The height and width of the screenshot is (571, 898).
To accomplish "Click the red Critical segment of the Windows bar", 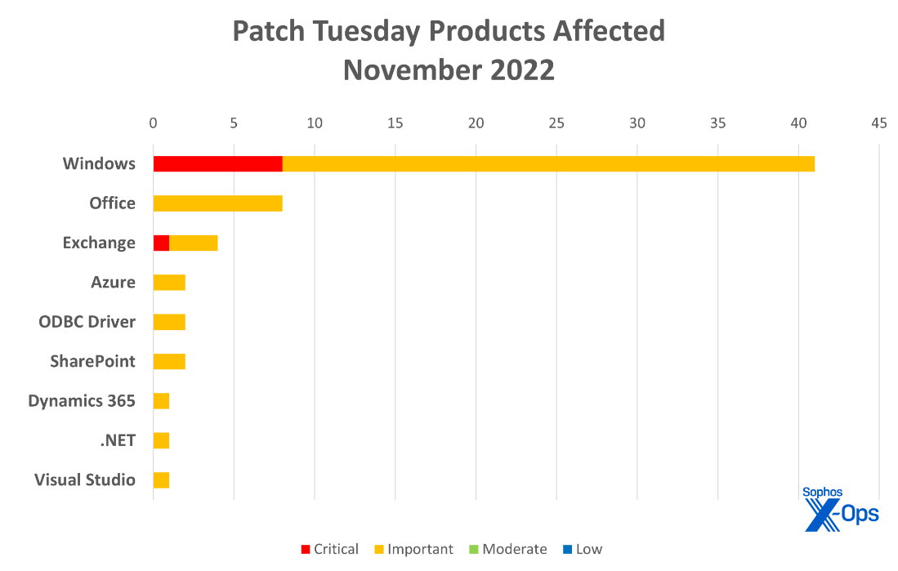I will coord(217,163).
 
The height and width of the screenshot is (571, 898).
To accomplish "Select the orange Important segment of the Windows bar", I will coord(548,163).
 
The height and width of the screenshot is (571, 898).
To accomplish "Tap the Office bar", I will coord(217,203).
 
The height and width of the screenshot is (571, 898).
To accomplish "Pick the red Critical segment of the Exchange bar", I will coord(161,243).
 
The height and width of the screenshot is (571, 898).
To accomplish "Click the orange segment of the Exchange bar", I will coord(194,243).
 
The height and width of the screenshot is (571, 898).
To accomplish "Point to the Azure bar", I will coord(169,283).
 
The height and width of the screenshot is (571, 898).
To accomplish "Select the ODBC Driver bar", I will coord(169,322).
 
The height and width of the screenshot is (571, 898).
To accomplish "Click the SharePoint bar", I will coord(169,361).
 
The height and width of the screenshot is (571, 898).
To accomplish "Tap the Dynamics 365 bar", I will coord(161,401).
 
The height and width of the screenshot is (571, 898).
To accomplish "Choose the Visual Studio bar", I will coord(161,480).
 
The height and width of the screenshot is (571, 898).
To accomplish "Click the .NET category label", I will coord(118,440).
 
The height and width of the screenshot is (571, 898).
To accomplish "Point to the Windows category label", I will coord(99,163).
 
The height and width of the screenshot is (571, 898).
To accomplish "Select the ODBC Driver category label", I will coord(87,322).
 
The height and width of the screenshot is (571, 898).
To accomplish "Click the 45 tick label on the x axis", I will coord(878,123).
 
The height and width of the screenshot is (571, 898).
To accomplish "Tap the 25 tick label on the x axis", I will coord(556,123).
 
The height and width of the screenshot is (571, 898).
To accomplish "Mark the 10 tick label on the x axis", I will coord(314,123).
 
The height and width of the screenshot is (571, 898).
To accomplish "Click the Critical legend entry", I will coord(330,549).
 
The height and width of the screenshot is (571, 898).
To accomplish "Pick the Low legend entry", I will coord(582,549).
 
